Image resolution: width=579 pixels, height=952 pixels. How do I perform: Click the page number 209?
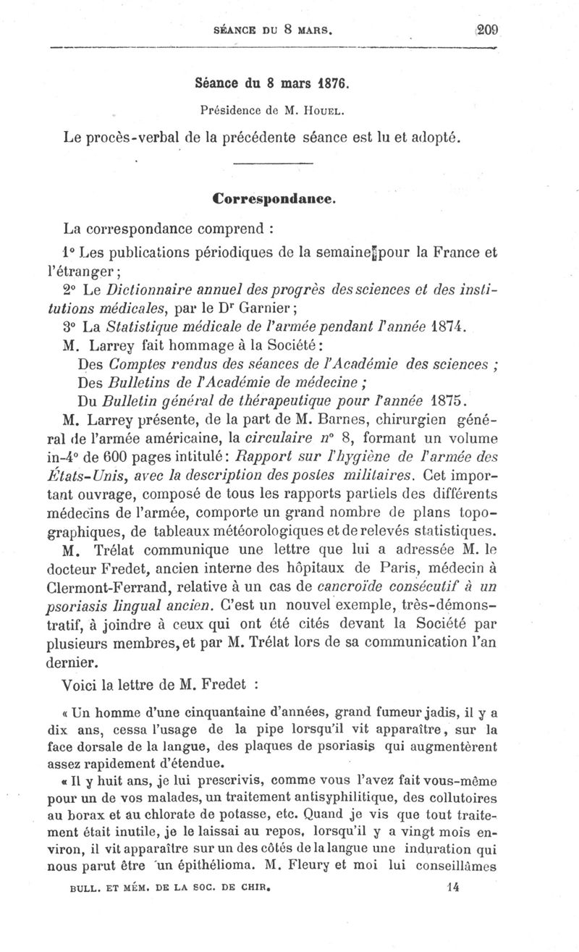pyautogui.click(x=489, y=30)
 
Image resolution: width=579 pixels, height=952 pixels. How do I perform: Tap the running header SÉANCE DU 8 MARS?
pyautogui.click(x=279, y=30)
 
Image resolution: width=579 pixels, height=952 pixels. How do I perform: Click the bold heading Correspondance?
pyautogui.click(x=273, y=196)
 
